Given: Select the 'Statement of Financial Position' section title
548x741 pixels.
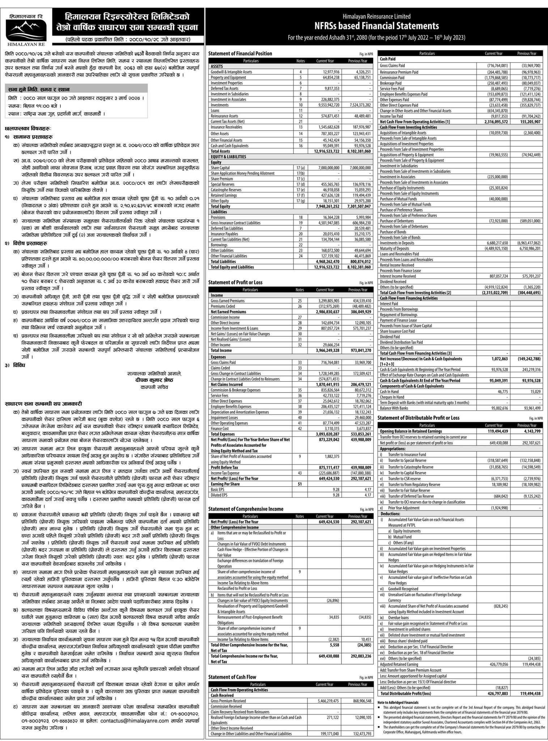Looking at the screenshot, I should [240, 54].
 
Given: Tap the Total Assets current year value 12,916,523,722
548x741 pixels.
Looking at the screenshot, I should [324, 151].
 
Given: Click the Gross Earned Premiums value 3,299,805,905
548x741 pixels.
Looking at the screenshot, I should [324, 301].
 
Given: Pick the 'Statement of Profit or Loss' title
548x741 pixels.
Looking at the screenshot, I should [235, 282].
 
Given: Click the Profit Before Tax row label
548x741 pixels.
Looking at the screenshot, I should [224, 467].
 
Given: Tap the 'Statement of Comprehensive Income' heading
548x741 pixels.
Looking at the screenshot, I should [246, 509].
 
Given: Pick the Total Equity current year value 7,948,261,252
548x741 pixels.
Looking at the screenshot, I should [324, 206].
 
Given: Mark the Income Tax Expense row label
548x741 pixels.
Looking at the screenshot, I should [225, 473].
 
